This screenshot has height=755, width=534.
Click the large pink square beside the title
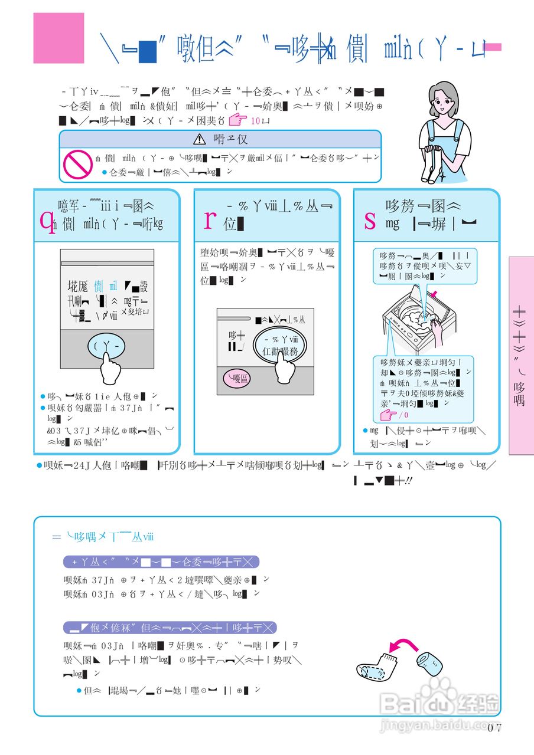tap(58, 38)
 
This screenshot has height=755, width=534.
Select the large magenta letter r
tap(209, 219)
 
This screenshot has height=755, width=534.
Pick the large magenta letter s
tap(370, 221)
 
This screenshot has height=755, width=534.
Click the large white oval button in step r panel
tap(281, 346)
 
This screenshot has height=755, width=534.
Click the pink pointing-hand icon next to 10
tap(238, 121)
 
